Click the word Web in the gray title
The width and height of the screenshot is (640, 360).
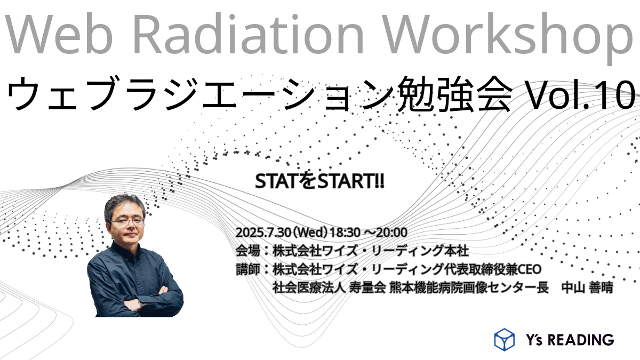click(x=59, y=34)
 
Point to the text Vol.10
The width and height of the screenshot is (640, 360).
click(x=580, y=94)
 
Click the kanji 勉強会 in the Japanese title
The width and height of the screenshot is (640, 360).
click(x=455, y=94)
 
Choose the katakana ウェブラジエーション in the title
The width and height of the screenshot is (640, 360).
click(x=200, y=94)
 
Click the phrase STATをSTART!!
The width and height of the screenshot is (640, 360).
click(x=319, y=181)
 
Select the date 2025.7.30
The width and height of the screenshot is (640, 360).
click(x=263, y=233)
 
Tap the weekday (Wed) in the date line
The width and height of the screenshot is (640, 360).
click(x=310, y=233)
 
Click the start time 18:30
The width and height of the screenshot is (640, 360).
click(x=345, y=233)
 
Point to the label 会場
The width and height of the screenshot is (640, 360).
click(x=247, y=251)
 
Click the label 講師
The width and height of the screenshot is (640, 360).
click(x=247, y=269)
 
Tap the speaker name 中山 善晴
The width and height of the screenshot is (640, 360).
click(x=587, y=287)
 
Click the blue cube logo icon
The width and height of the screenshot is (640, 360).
click(x=505, y=339)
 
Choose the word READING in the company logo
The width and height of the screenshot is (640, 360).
click(x=581, y=340)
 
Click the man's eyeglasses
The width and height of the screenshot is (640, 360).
click(x=127, y=222)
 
